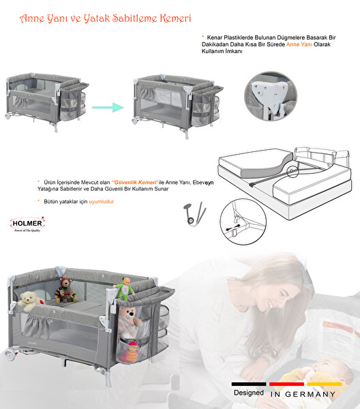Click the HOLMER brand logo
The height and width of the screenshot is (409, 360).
point(27,224)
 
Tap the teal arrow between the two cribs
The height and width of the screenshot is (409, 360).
point(108,107)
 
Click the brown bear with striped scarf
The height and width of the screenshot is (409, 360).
point(65,290)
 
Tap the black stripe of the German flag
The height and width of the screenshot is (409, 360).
point(249,384)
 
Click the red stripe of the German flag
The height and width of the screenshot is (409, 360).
point(286,384)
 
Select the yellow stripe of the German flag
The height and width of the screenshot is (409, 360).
point(325,384)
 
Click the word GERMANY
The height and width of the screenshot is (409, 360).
point(310,394)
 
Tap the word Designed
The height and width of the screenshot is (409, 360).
point(249,393)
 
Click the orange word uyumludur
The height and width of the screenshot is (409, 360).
point(101,202)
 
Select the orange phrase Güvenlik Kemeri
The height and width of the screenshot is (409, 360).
point(136,182)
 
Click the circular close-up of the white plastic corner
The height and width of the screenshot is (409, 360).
point(271,96)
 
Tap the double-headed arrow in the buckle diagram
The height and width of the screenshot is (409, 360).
point(233,227)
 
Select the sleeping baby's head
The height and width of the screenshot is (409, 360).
point(331,370)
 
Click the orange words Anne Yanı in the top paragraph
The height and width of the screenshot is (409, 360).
point(299,44)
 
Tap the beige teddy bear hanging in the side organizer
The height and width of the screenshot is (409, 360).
point(130,322)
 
